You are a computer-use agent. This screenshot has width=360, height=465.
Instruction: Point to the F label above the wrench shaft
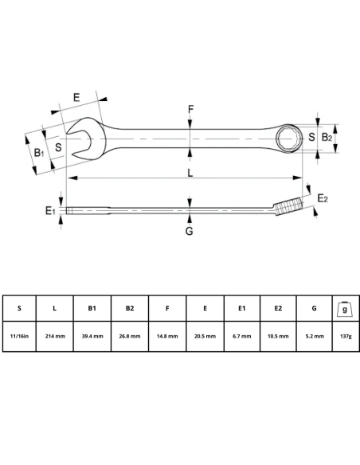coord(190,109)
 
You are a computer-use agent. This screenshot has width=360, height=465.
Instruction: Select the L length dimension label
coord(189,172)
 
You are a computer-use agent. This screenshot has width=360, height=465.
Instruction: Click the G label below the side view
coord(190,232)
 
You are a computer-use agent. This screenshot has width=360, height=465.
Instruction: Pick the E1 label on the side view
coord(49,210)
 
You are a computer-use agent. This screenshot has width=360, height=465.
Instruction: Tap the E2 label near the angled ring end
coord(323,197)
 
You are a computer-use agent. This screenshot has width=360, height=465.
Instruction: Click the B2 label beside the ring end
coord(326,138)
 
